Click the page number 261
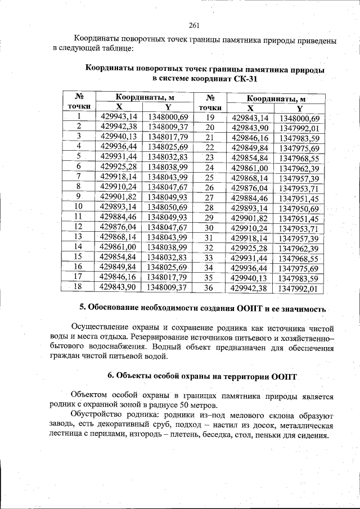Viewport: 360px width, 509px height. [195, 25]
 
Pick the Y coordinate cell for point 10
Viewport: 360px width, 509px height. [167, 208]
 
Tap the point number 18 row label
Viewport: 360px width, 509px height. [78, 287]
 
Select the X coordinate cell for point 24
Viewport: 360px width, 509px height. [250, 168]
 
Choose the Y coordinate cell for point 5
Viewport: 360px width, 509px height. [167, 157]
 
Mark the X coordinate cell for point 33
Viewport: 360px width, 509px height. [250, 259]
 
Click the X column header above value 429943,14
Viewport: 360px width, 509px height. [119, 107]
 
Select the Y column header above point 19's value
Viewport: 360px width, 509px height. [299, 108]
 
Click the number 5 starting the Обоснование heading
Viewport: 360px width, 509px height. [82, 309]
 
